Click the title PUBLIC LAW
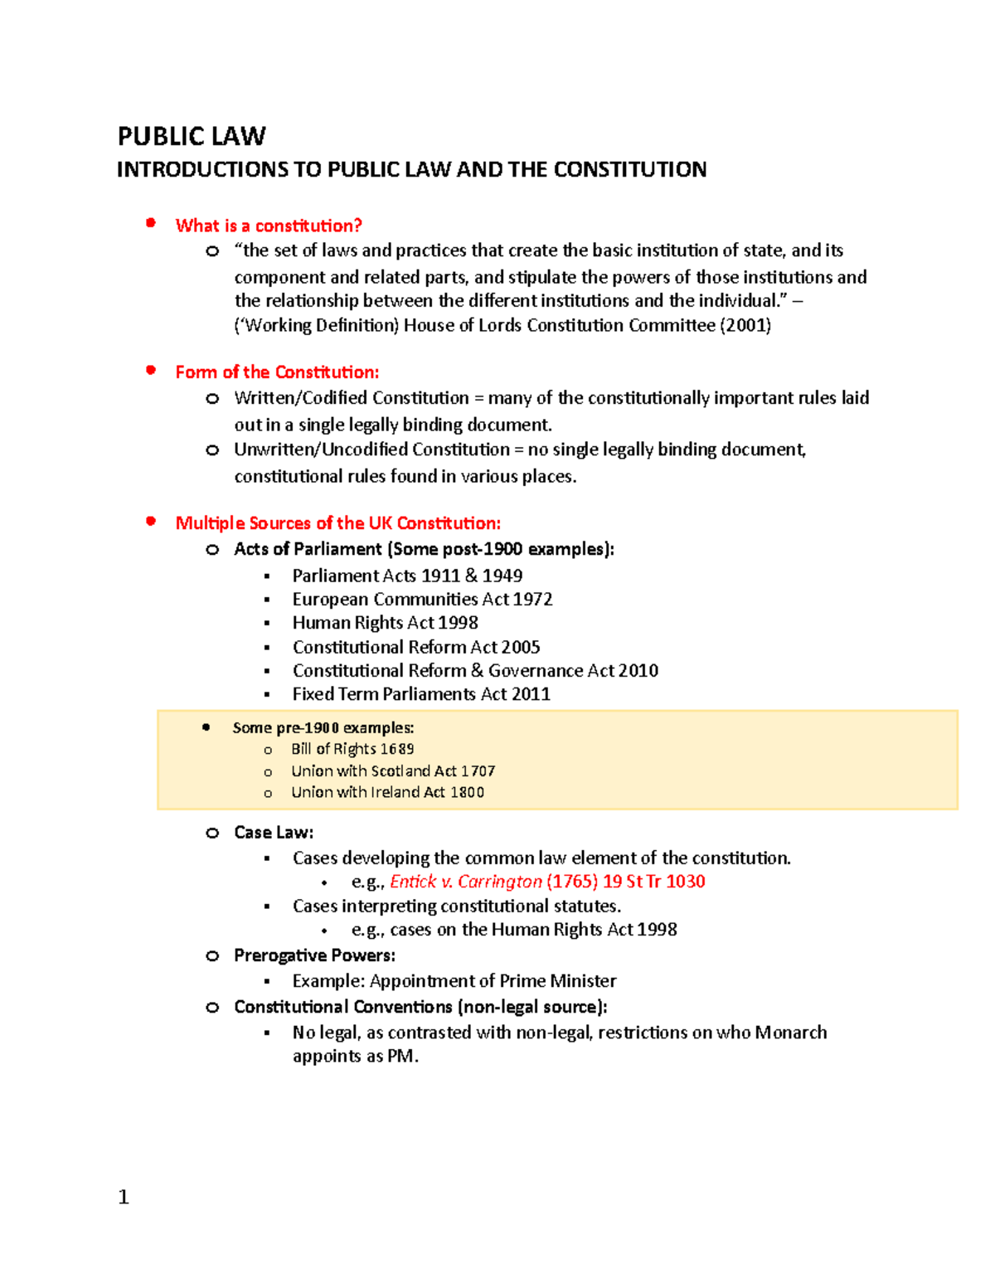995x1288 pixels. [x=192, y=136]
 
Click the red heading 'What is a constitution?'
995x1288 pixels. [x=269, y=226]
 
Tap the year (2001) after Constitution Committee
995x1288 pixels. [x=745, y=325]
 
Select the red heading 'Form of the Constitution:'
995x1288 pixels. [x=277, y=372]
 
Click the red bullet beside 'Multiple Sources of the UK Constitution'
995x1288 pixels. [x=151, y=522]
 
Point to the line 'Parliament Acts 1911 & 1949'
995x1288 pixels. [x=407, y=576]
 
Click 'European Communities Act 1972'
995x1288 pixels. [x=422, y=599]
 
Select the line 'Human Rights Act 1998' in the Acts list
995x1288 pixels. [x=385, y=623]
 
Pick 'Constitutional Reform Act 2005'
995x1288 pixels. [x=416, y=647]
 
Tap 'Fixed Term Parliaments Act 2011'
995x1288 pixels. [x=421, y=694]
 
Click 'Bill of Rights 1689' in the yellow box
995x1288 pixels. [x=352, y=749]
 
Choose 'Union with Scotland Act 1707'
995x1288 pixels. [x=393, y=771]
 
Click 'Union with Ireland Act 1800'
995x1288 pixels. [x=387, y=793]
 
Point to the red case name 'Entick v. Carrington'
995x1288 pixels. [x=465, y=882]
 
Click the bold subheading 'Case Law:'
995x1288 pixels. [x=274, y=833]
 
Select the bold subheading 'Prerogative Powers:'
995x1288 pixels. [x=314, y=955]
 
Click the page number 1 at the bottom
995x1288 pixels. [x=124, y=1197]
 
